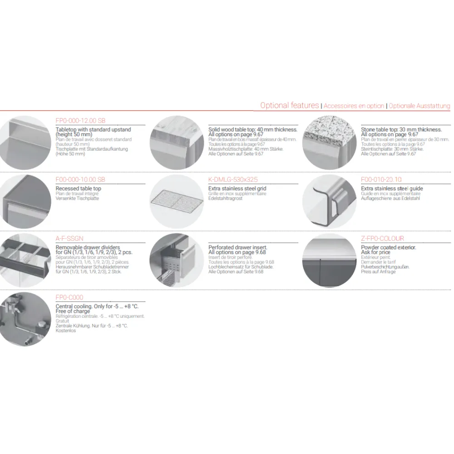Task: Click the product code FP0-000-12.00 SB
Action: [x=80, y=121]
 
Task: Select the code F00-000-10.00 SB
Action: [x=80, y=180]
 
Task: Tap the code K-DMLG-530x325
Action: [x=233, y=180]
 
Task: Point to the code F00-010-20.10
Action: [x=381, y=180]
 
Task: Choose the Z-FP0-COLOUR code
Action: [x=382, y=238]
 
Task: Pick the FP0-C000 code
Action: [x=69, y=298]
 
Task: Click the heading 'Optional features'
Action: [x=290, y=105]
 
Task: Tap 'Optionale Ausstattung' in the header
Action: [x=420, y=106]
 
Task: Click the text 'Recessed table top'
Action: [x=79, y=188]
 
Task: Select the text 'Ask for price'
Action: [x=375, y=252]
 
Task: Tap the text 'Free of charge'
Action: [x=73, y=311]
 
